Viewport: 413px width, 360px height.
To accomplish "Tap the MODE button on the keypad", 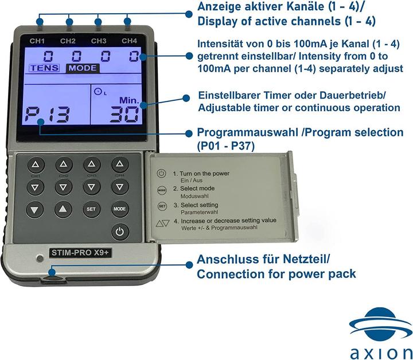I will click(x=119, y=209).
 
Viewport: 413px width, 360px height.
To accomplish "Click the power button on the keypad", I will click(x=119, y=232).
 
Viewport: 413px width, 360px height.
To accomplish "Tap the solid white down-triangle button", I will click(x=34, y=209).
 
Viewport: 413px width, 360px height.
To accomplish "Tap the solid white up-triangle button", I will click(x=63, y=209).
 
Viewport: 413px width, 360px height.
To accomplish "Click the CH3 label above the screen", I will click(x=99, y=41).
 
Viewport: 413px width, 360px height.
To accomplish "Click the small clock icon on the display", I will click(x=96, y=91).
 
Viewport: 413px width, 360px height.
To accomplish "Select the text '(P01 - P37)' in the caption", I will click(x=224, y=146).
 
